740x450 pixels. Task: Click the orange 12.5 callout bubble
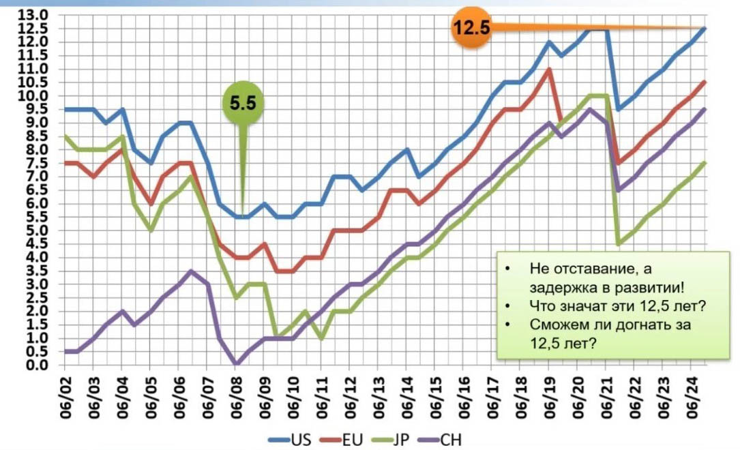(x=471, y=29)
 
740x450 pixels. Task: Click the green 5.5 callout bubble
(x=242, y=104)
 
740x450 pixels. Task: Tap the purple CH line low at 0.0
(x=236, y=364)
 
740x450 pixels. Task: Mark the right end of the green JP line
(x=704, y=163)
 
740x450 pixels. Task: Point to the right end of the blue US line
(x=704, y=29)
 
